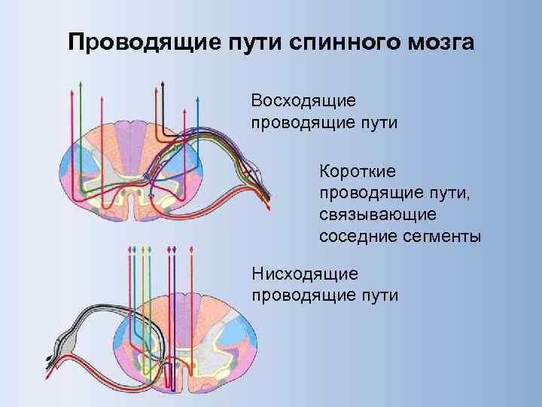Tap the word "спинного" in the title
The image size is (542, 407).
pyautogui.click(x=324, y=41)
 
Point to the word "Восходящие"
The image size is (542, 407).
pyautogui.click(x=304, y=101)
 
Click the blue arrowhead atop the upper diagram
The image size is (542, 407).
pyautogui.click(x=196, y=99)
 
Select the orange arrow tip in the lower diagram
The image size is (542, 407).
pyautogui.click(x=192, y=249)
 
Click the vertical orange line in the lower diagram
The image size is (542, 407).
pyautogui.click(x=192, y=301)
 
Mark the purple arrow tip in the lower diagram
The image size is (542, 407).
pyautogui.click(x=175, y=249)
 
